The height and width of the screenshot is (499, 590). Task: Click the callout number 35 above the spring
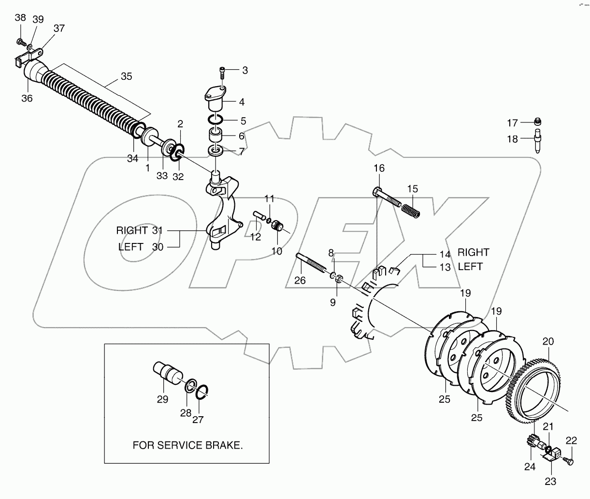pos(126,76)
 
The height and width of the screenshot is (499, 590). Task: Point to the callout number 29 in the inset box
pos(162,399)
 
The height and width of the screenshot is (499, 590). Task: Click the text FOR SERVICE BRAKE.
pos(187,446)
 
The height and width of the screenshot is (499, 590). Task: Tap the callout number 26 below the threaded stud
pos(300,280)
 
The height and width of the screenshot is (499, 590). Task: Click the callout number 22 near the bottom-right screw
pos(571,440)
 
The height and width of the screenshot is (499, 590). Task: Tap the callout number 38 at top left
pos(20,18)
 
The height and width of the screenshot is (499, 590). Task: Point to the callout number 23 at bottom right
pos(550,482)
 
